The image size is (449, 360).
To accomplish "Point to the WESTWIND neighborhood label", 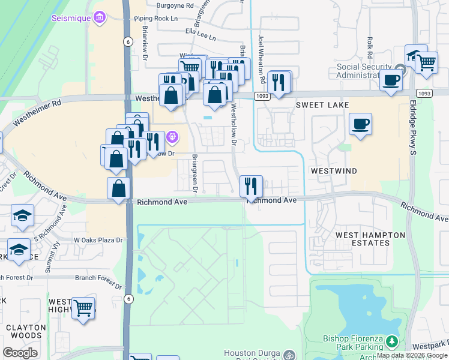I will click(333, 171).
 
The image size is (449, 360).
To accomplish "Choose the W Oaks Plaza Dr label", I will click(98, 240).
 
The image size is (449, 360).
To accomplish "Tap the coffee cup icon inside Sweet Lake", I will click(360, 125).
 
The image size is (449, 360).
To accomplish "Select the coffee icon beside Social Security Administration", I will click(391, 80).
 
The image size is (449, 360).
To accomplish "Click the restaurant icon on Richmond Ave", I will click(251, 186).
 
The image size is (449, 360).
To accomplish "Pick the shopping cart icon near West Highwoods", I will click(83, 308).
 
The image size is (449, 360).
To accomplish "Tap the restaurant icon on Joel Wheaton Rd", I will click(278, 82).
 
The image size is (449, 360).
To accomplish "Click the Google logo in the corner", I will click(20, 352).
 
